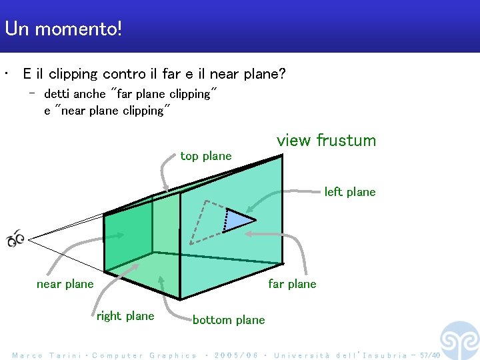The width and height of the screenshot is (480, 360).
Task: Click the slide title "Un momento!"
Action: [x=63, y=29]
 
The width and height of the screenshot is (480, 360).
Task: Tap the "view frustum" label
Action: [x=326, y=141]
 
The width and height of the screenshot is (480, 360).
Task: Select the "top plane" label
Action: [x=206, y=156]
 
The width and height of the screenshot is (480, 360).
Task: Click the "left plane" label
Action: [x=350, y=192]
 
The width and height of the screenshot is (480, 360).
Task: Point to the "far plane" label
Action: [x=292, y=284]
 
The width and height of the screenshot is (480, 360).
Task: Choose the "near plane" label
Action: [x=65, y=284]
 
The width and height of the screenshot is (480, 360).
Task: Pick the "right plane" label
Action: [x=125, y=316]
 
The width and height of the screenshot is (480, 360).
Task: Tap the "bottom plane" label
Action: [x=229, y=320]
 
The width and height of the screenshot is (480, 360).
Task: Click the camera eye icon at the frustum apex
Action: [x=15, y=238]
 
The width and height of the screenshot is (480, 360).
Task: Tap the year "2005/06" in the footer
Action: [x=237, y=355]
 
